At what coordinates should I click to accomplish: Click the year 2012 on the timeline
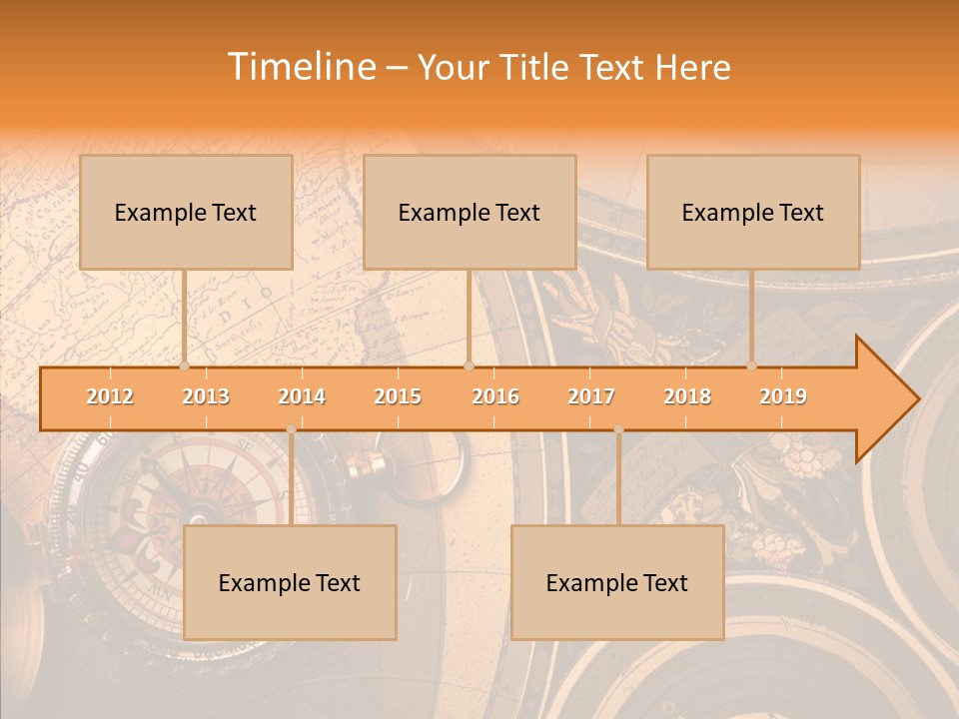point(110,396)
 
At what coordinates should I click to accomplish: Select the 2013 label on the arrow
point(206,396)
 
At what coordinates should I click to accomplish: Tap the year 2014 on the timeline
point(302,396)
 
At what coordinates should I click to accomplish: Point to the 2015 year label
point(398,396)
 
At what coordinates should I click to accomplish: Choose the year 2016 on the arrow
point(495,396)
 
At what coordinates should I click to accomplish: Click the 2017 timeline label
point(591,396)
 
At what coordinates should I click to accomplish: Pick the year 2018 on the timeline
point(687,396)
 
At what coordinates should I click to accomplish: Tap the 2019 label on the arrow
point(783,396)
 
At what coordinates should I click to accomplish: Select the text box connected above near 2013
point(186,212)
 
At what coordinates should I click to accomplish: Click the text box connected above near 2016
point(470,212)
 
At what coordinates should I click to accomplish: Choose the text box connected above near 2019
point(753,212)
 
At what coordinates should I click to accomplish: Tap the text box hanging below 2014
point(290,582)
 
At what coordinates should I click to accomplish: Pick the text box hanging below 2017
point(617,582)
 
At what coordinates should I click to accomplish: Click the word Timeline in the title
point(300,67)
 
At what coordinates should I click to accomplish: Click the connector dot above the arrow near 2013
point(184,366)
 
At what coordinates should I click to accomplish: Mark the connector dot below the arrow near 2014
point(291,429)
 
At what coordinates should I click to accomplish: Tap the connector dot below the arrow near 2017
point(618,429)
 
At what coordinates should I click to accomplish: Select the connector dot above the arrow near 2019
point(751,366)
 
